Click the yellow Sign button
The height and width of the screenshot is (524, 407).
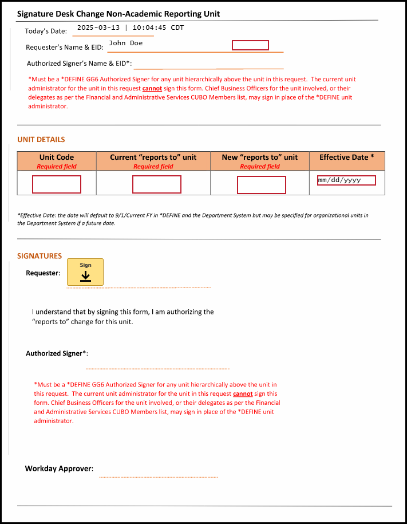click(x=85, y=272)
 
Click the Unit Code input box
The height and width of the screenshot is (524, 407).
click(x=57, y=184)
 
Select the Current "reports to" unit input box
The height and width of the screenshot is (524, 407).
click(x=157, y=184)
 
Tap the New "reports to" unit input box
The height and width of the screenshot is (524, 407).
click(x=262, y=185)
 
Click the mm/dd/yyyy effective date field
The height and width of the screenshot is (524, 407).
click(x=346, y=180)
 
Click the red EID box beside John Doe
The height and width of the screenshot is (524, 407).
click(x=250, y=45)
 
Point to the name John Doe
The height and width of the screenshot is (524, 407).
click(x=125, y=43)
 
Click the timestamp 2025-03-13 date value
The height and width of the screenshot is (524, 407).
click(x=98, y=27)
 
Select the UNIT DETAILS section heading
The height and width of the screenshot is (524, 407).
click(x=41, y=139)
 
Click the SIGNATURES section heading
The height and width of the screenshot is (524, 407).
click(x=39, y=256)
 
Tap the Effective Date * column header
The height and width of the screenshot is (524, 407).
click(x=346, y=157)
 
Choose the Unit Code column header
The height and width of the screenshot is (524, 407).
click(x=57, y=157)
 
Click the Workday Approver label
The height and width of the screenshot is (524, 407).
click(x=58, y=468)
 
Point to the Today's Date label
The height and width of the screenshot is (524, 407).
click(x=46, y=31)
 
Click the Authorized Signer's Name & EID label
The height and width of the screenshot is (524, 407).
click(x=79, y=64)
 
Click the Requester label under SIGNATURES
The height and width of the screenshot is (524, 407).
click(x=43, y=273)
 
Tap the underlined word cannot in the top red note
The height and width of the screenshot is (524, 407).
click(x=152, y=89)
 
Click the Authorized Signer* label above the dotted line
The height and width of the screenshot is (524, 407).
click(x=57, y=353)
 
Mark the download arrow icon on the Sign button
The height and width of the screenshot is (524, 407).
click(x=85, y=277)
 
